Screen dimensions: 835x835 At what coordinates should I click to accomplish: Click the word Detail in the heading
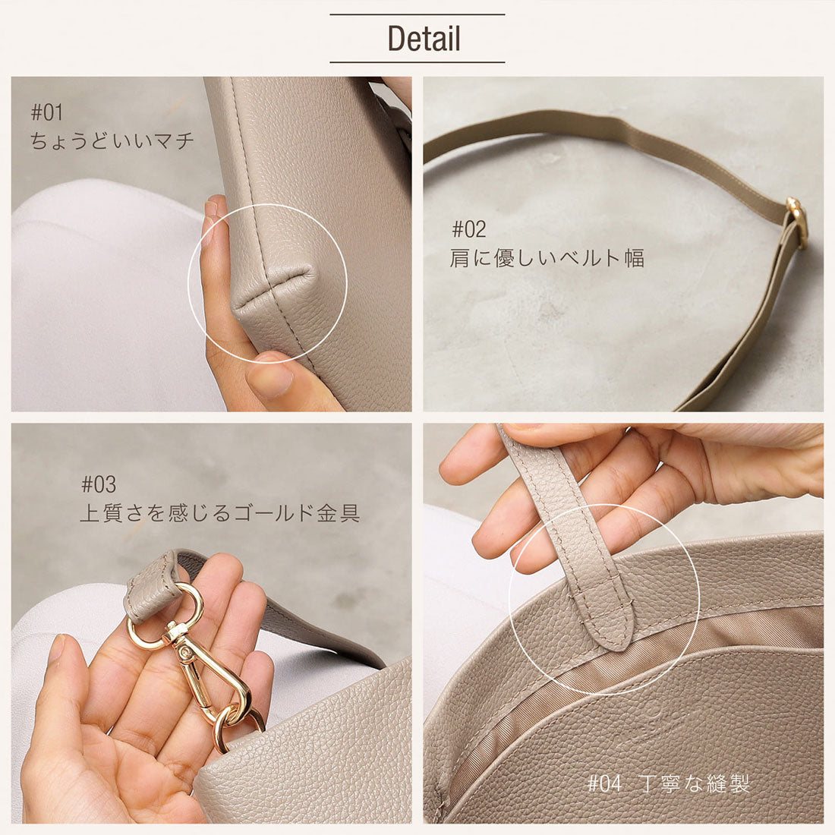click(x=424, y=38)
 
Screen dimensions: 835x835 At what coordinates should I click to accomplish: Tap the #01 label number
click(x=46, y=113)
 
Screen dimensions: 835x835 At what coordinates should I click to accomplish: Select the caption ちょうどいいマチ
click(x=112, y=140)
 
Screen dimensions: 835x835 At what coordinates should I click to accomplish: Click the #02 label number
click(x=468, y=229)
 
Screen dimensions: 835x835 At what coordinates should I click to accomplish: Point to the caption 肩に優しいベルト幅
click(x=547, y=259)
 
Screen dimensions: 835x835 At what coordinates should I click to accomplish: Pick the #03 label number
click(x=98, y=484)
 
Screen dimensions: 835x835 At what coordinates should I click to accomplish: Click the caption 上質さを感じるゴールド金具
click(x=219, y=514)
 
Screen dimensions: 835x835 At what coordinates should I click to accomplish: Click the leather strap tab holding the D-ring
click(x=152, y=585)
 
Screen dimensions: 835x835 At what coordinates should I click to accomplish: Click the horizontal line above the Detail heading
click(x=417, y=14)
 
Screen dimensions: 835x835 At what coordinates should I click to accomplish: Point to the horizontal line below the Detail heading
click(x=417, y=62)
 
